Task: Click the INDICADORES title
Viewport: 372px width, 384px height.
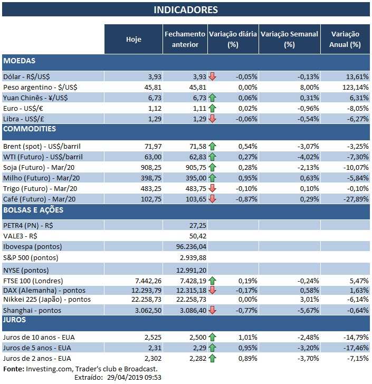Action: click(x=185, y=10)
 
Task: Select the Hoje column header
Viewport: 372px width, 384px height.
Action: click(x=133, y=39)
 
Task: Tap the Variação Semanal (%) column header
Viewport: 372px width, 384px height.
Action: click(x=289, y=39)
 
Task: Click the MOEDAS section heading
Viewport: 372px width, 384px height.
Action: click(x=19, y=61)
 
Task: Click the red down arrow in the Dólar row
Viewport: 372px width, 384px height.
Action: click(x=212, y=76)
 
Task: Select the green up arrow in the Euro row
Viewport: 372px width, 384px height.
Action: click(x=212, y=108)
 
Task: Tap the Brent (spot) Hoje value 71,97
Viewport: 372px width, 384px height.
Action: click(x=149, y=146)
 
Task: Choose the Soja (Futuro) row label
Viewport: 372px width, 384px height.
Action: click(x=37, y=167)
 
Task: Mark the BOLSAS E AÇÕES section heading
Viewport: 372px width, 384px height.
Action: click(x=33, y=210)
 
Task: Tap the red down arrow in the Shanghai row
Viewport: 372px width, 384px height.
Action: click(x=212, y=310)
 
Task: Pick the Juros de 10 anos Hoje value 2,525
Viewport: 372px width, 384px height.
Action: click(x=150, y=337)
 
